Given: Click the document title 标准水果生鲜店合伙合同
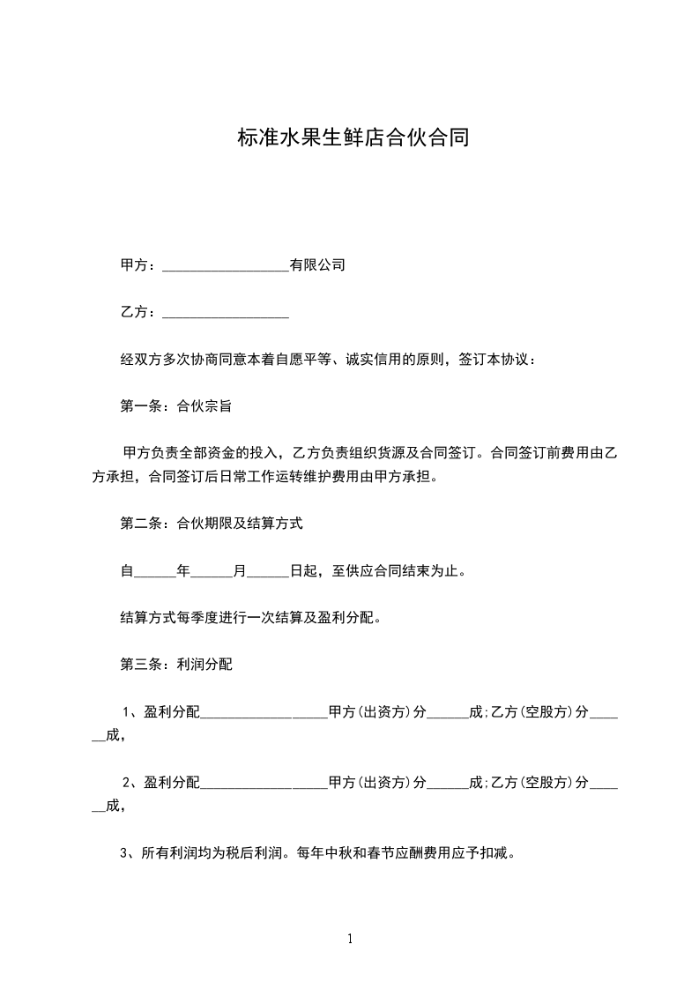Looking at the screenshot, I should pos(353,138).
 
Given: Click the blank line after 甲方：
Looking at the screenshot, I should pos(226,266).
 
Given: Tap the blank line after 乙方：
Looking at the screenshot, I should pos(226,313).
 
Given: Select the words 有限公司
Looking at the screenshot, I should pos(317,265).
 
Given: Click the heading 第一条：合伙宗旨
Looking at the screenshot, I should pos(175,406).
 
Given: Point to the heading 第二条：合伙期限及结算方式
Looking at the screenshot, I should pos(211,524).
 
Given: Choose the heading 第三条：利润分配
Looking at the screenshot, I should pos(175,665).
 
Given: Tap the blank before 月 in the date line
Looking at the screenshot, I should pos(212,572).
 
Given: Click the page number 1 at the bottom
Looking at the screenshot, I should pos(350,939).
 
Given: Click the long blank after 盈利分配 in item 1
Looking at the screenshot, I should pos(264,713).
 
